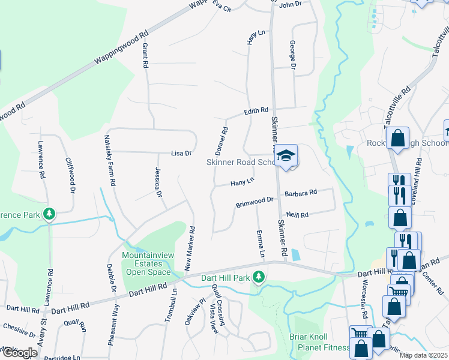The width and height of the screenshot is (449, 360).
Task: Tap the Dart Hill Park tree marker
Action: [259, 277]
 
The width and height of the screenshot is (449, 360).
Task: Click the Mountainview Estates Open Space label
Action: [146, 263]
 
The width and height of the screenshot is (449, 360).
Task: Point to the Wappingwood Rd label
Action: [121, 50]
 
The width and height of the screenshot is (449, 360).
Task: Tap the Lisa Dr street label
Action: [181, 153]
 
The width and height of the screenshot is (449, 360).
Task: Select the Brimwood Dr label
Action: [255, 202]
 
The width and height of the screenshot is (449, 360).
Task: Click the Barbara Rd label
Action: [301, 193]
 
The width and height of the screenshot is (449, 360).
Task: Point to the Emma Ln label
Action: [261, 245]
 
